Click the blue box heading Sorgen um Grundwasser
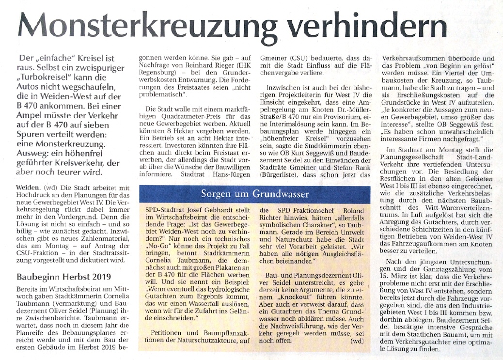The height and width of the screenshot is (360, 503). (x=255, y=194)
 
